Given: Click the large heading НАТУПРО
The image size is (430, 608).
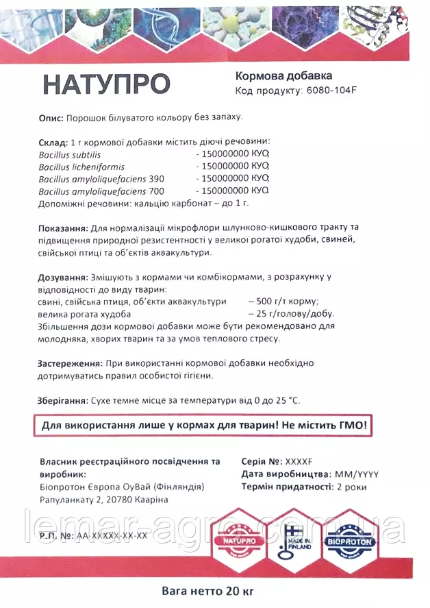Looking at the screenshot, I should pos(106,84).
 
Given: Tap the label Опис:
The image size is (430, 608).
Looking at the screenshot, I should pos(51,118).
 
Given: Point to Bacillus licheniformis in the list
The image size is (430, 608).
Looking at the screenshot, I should pos(81,167).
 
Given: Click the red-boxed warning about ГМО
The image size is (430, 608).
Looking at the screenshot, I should pos(204,426).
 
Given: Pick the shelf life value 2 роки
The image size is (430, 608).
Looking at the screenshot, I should pos(350,487).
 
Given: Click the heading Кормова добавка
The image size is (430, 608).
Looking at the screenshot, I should pos(283,75).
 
